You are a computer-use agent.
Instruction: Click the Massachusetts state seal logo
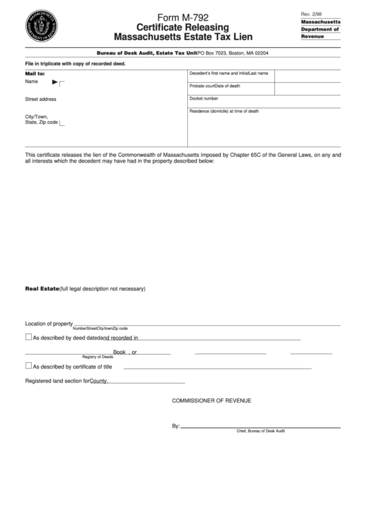41,27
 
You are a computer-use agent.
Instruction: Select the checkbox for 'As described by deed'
28,337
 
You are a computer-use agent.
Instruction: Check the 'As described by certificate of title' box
28,366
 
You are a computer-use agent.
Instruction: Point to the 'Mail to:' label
35,73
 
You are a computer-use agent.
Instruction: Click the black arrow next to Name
55,82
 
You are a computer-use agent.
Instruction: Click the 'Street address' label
41,99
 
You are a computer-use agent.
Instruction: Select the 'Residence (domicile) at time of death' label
224,111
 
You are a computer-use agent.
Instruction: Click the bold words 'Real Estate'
41,288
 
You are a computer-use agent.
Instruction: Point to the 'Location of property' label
49,323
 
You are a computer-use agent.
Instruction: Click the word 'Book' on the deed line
119,352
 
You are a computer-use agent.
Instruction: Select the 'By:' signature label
175,426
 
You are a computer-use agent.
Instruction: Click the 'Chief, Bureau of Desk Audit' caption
260,431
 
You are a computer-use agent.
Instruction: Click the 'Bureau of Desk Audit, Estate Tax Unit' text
146,53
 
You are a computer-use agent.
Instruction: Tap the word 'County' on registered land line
99,380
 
